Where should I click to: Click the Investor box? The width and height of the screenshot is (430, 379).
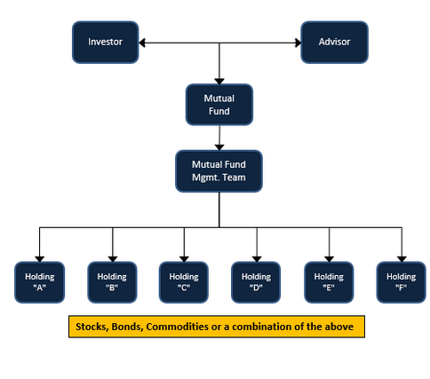(106, 43)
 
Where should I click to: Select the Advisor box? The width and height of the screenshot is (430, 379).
(334, 43)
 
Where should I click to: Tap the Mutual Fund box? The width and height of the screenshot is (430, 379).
(219, 105)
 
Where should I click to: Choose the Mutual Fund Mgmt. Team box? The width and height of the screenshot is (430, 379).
(219, 171)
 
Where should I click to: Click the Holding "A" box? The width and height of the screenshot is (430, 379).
(40, 282)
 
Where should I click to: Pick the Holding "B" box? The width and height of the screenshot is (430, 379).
(112, 282)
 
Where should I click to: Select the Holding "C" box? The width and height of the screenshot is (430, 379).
(184, 282)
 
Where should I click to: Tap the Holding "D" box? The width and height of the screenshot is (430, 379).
(256, 282)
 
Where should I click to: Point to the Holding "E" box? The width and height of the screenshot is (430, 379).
(329, 282)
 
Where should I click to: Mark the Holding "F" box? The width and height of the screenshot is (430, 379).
(402, 282)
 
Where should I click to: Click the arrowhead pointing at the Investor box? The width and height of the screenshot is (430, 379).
(142, 43)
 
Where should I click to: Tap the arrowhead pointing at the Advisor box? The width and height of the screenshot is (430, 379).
(298, 43)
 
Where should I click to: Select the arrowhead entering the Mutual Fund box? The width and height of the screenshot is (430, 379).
(219, 82)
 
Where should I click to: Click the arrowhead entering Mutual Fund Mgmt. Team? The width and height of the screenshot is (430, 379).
(219, 147)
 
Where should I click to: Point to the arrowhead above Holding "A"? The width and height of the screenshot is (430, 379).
(40, 259)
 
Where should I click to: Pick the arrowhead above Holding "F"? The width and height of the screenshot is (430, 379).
(402, 259)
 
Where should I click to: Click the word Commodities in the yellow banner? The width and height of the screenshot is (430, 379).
(177, 327)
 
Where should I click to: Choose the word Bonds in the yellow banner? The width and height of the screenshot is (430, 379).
(128, 327)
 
